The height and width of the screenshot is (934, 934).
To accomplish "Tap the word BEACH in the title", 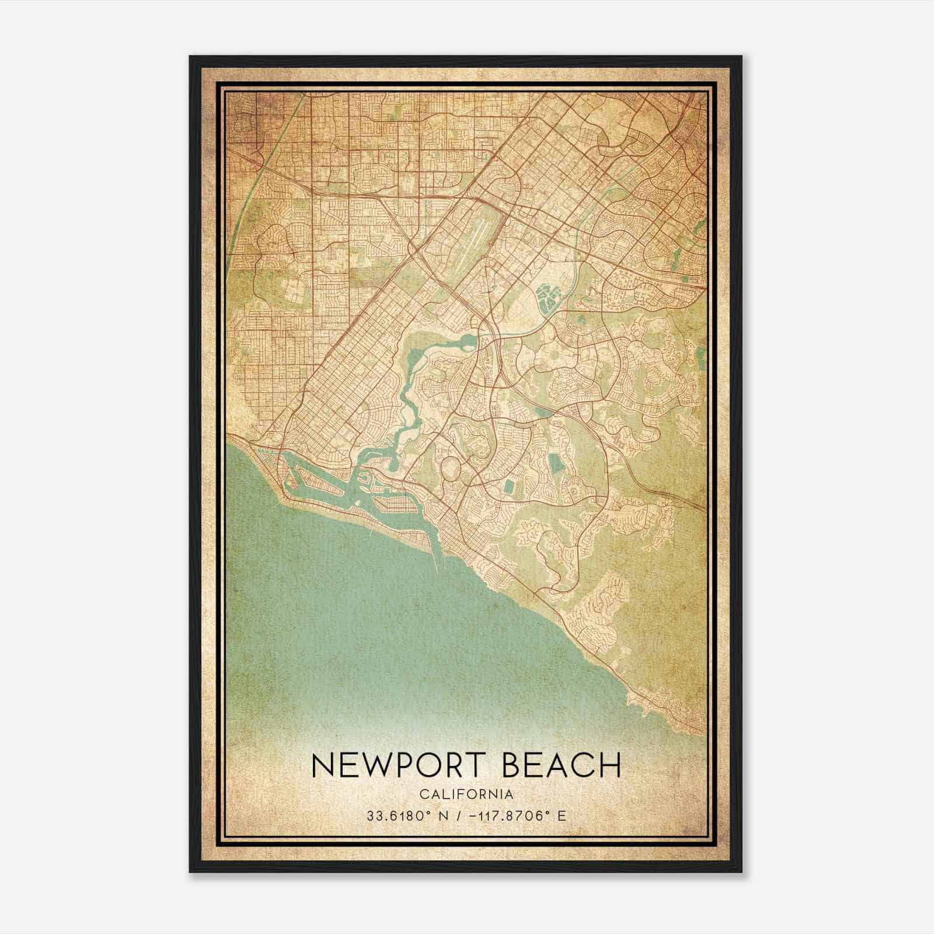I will point(562,765).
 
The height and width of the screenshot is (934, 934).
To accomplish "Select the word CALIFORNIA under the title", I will point(466,794).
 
